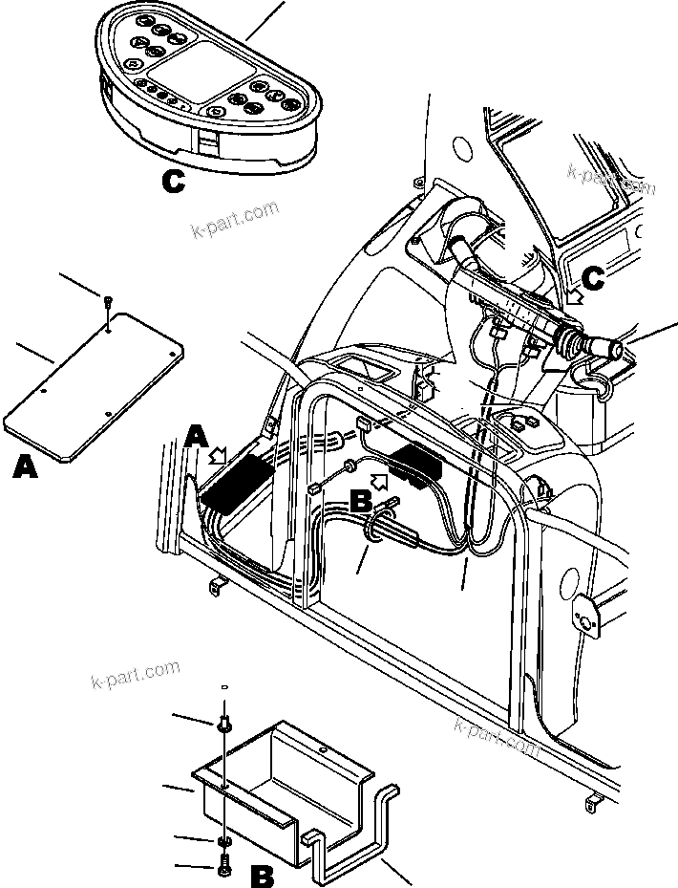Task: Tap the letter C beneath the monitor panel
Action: [173, 181]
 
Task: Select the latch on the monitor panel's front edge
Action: [208, 143]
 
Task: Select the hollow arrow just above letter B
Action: [379, 471]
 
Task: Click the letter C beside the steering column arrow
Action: [593, 278]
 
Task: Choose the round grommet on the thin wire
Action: [350, 467]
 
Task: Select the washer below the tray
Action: [222, 841]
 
